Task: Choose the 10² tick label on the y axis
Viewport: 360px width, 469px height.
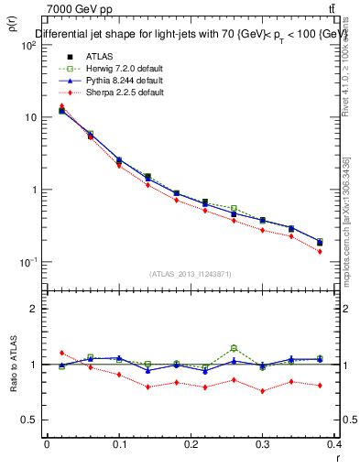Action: (x=27, y=45)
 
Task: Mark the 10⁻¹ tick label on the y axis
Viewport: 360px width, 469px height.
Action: (x=27, y=262)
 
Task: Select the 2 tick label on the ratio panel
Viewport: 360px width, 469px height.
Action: (x=35, y=310)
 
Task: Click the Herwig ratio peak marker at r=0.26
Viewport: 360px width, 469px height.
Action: (x=235, y=348)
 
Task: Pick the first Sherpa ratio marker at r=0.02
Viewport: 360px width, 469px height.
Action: (x=61, y=353)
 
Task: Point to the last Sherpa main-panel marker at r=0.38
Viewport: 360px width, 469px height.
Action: (x=320, y=251)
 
